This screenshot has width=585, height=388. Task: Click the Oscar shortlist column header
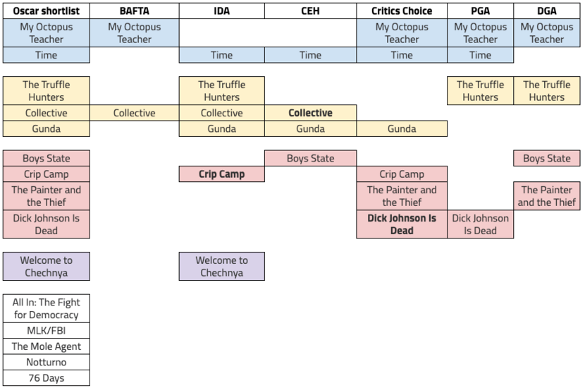[x=47, y=11]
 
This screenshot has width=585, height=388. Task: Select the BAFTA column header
[x=134, y=11]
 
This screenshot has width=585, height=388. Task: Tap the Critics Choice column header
[x=402, y=11]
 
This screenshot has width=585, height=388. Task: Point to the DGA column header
[x=547, y=11]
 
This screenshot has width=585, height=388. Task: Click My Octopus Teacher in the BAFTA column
[x=134, y=33]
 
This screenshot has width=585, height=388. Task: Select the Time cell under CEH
[x=310, y=55]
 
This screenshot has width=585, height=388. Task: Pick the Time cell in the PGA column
[x=480, y=55]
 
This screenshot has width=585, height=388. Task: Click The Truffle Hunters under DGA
[x=547, y=91]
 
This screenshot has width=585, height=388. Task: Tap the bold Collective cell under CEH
[x=310, y=113]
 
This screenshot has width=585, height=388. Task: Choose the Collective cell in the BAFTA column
[x=134, y=113]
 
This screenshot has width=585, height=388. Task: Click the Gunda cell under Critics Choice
[x=402, y=128]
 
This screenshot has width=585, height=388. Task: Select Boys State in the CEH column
[x=310, y=159]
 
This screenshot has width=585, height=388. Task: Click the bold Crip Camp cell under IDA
[x=221, y=174]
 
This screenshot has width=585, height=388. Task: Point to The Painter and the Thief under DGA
[x=547, y=195]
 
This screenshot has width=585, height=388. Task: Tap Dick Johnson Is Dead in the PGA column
[x=480, y=224]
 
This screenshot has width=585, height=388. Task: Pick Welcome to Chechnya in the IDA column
[x=221, y=267]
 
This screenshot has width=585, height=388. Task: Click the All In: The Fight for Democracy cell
[x=47, y=308]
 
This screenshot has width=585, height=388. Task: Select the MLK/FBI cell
[x=47, y=331]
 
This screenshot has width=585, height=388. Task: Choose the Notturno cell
[x=47, y=362]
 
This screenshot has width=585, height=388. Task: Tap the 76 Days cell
[x=47, y=378]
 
